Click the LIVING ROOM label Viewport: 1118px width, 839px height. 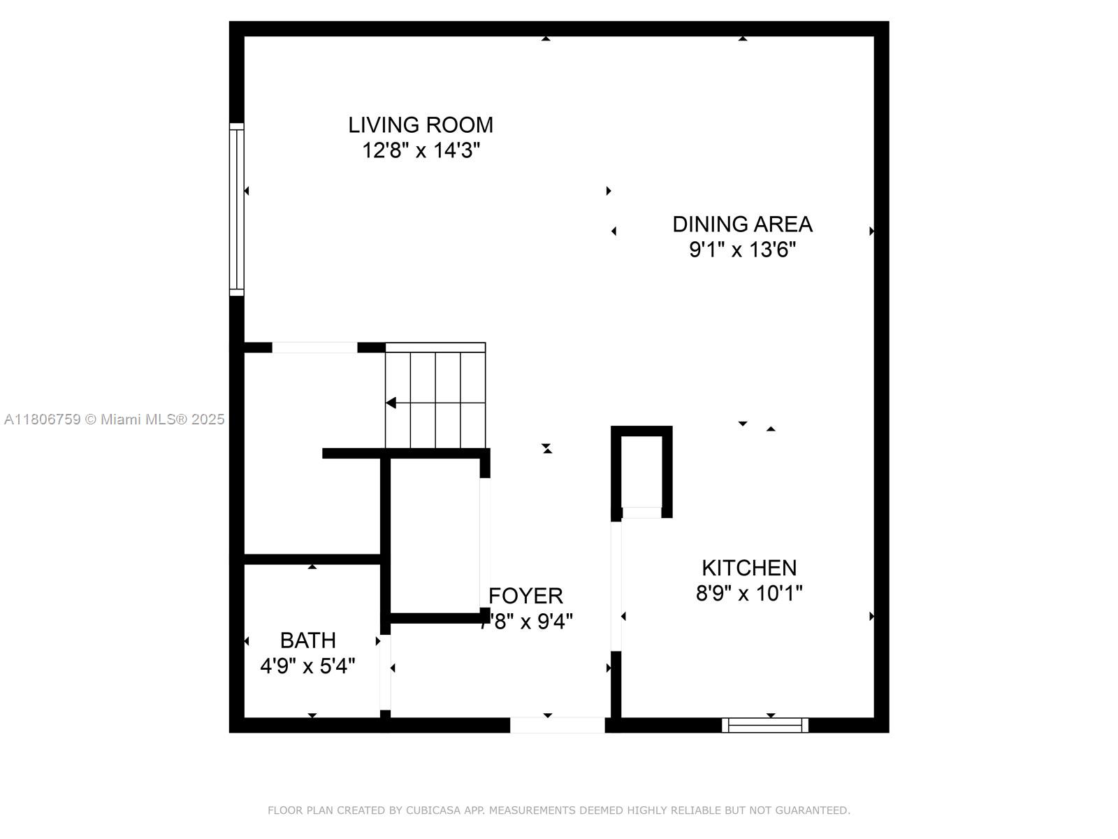421,125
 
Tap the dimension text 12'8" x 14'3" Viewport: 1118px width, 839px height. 421,150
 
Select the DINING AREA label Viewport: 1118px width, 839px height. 742,224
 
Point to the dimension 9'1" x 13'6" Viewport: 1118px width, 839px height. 742,250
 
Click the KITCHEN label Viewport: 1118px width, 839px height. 749,568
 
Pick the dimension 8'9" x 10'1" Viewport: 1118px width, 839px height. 749,594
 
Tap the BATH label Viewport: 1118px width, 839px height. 307,640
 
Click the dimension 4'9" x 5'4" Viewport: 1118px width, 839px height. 307,666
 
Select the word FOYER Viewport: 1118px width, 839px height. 525,596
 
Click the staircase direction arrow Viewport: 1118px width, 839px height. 391,403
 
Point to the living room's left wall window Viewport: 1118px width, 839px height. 237,210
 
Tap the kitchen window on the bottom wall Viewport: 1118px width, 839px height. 765,725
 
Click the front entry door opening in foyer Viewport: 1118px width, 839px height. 557,725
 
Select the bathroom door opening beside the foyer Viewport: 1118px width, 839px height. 385,672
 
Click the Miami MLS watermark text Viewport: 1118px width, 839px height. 115,419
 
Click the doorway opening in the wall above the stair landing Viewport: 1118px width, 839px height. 314,347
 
